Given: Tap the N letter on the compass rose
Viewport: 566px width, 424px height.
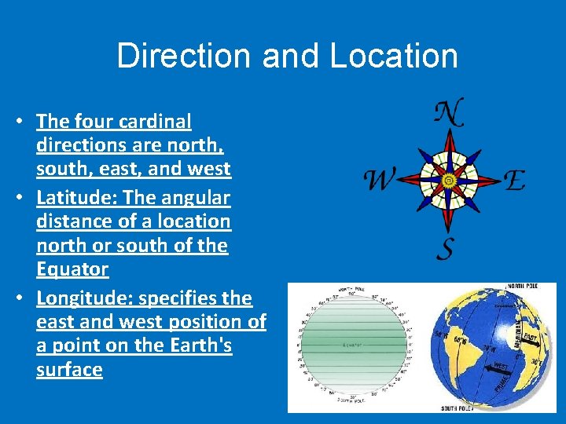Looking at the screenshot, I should pyautogui.click(x=449, y=113).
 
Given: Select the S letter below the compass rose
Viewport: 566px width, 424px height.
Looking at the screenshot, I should pyautogui.click(x=445, y=248).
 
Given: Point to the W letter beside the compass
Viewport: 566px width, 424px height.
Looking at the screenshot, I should pyautogui.click(x=379, y=181).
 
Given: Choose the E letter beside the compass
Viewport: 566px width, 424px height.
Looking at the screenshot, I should pyautogui.click(x=514, y=181).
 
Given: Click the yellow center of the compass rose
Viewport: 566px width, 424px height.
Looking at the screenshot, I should pyautogui.click(x=448, y=180).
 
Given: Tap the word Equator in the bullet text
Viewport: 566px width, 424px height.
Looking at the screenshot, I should pyautogui.click(x=72, y=269).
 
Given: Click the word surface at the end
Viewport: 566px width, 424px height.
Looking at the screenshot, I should pyautogui.click(x=69, y=370).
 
